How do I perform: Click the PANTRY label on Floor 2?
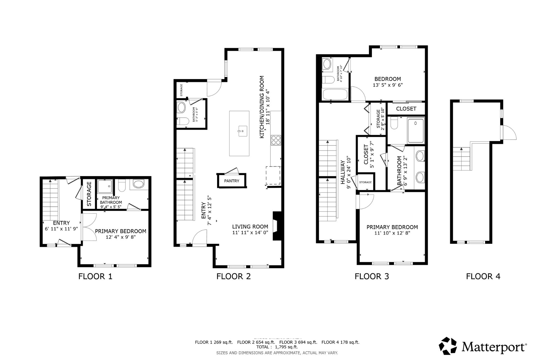click(232, 181)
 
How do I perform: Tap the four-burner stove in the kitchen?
click(276, 140)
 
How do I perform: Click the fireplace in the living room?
click(277, 226)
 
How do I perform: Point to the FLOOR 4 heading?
click(483, 276)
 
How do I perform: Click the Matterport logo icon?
click(448, 346)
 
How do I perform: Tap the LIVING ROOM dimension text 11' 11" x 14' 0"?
click(250, 233)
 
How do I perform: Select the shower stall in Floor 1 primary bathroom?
click(105, 186)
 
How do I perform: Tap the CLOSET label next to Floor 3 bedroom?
click(406, 109)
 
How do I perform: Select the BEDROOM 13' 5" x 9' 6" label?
click(388, 82)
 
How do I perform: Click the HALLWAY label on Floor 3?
click(342, 172)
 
